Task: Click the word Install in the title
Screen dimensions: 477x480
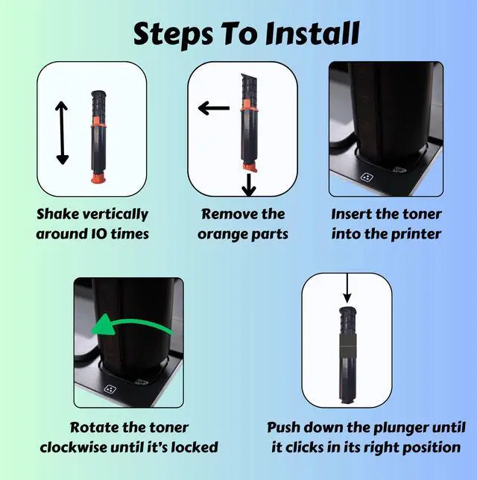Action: click(312, 33)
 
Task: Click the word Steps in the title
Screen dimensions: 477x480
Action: click(173, 35)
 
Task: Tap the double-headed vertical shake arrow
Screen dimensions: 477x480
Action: click(62, 133)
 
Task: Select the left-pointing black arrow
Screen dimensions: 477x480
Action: click(214, 108)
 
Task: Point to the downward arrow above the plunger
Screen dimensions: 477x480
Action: click(347, 288)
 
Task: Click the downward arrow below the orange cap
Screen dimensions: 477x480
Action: click(249, 185)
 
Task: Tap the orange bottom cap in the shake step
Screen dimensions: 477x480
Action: click(98, 178)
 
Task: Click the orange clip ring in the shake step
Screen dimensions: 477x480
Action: click(98, 122)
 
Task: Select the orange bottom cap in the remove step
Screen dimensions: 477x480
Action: click(250, 168)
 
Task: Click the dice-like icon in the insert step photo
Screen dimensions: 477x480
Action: click(367, 177)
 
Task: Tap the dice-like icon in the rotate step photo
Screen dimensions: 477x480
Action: click(110, 389)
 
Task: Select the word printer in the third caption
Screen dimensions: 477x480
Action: click(416, 235)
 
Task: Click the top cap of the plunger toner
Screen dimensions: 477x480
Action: click(348, 310)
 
